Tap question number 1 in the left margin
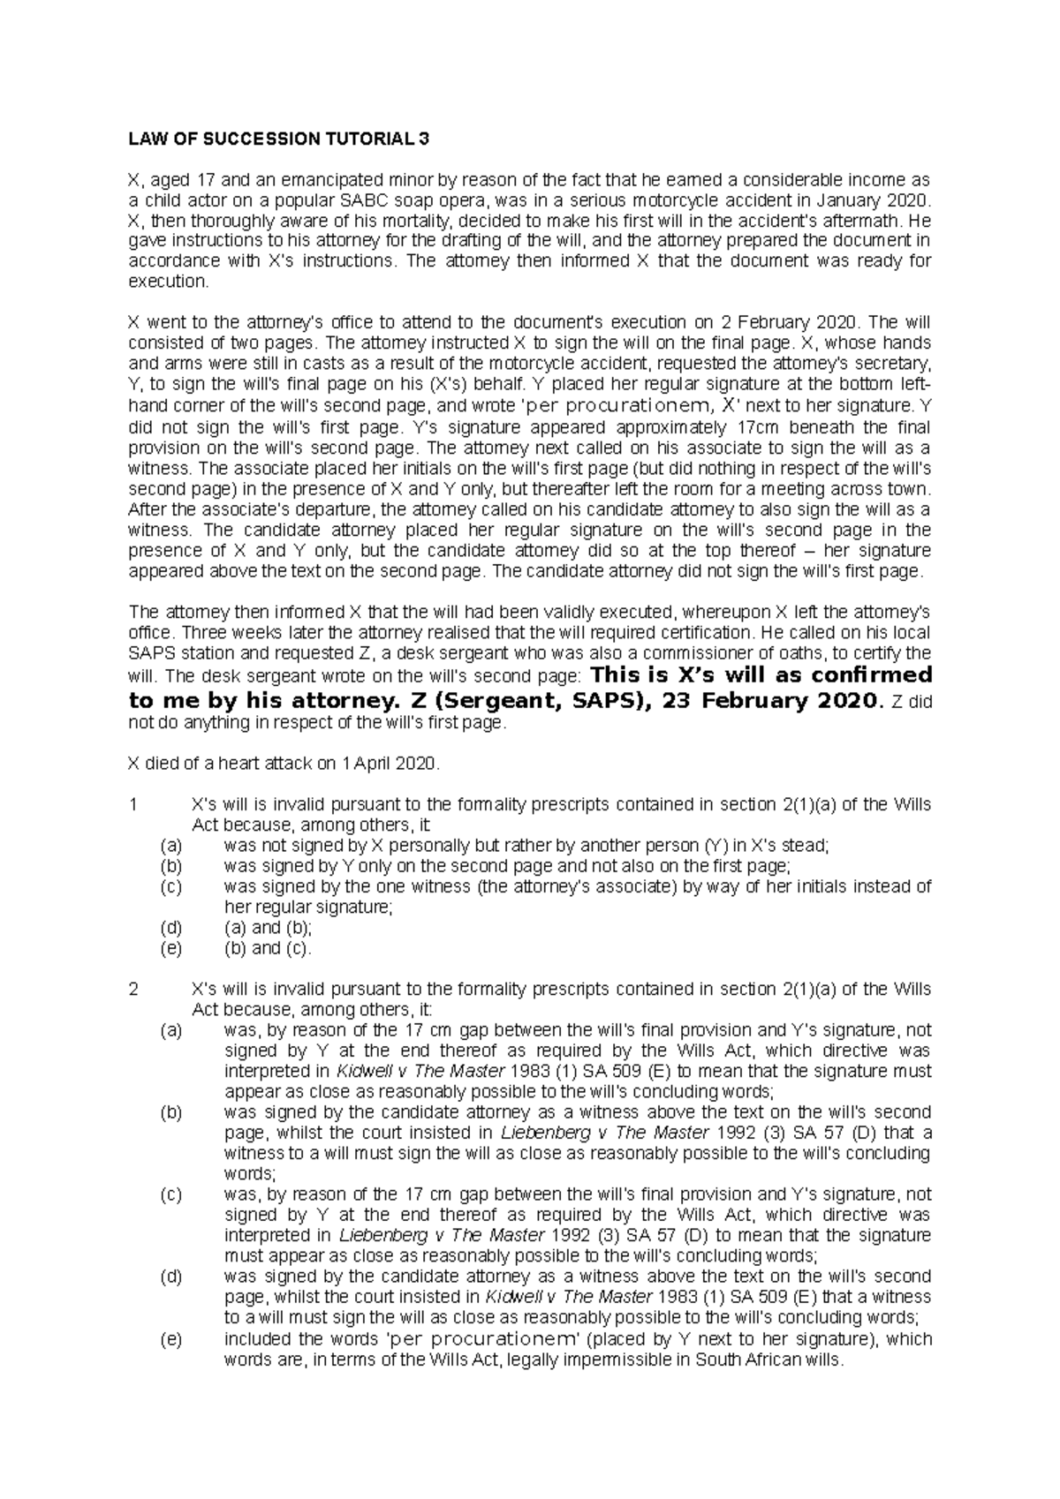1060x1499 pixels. point(133,804)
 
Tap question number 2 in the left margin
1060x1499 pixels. point(133,989)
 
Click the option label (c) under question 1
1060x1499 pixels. point(170,887)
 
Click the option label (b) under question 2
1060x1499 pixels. point(170,1112)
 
